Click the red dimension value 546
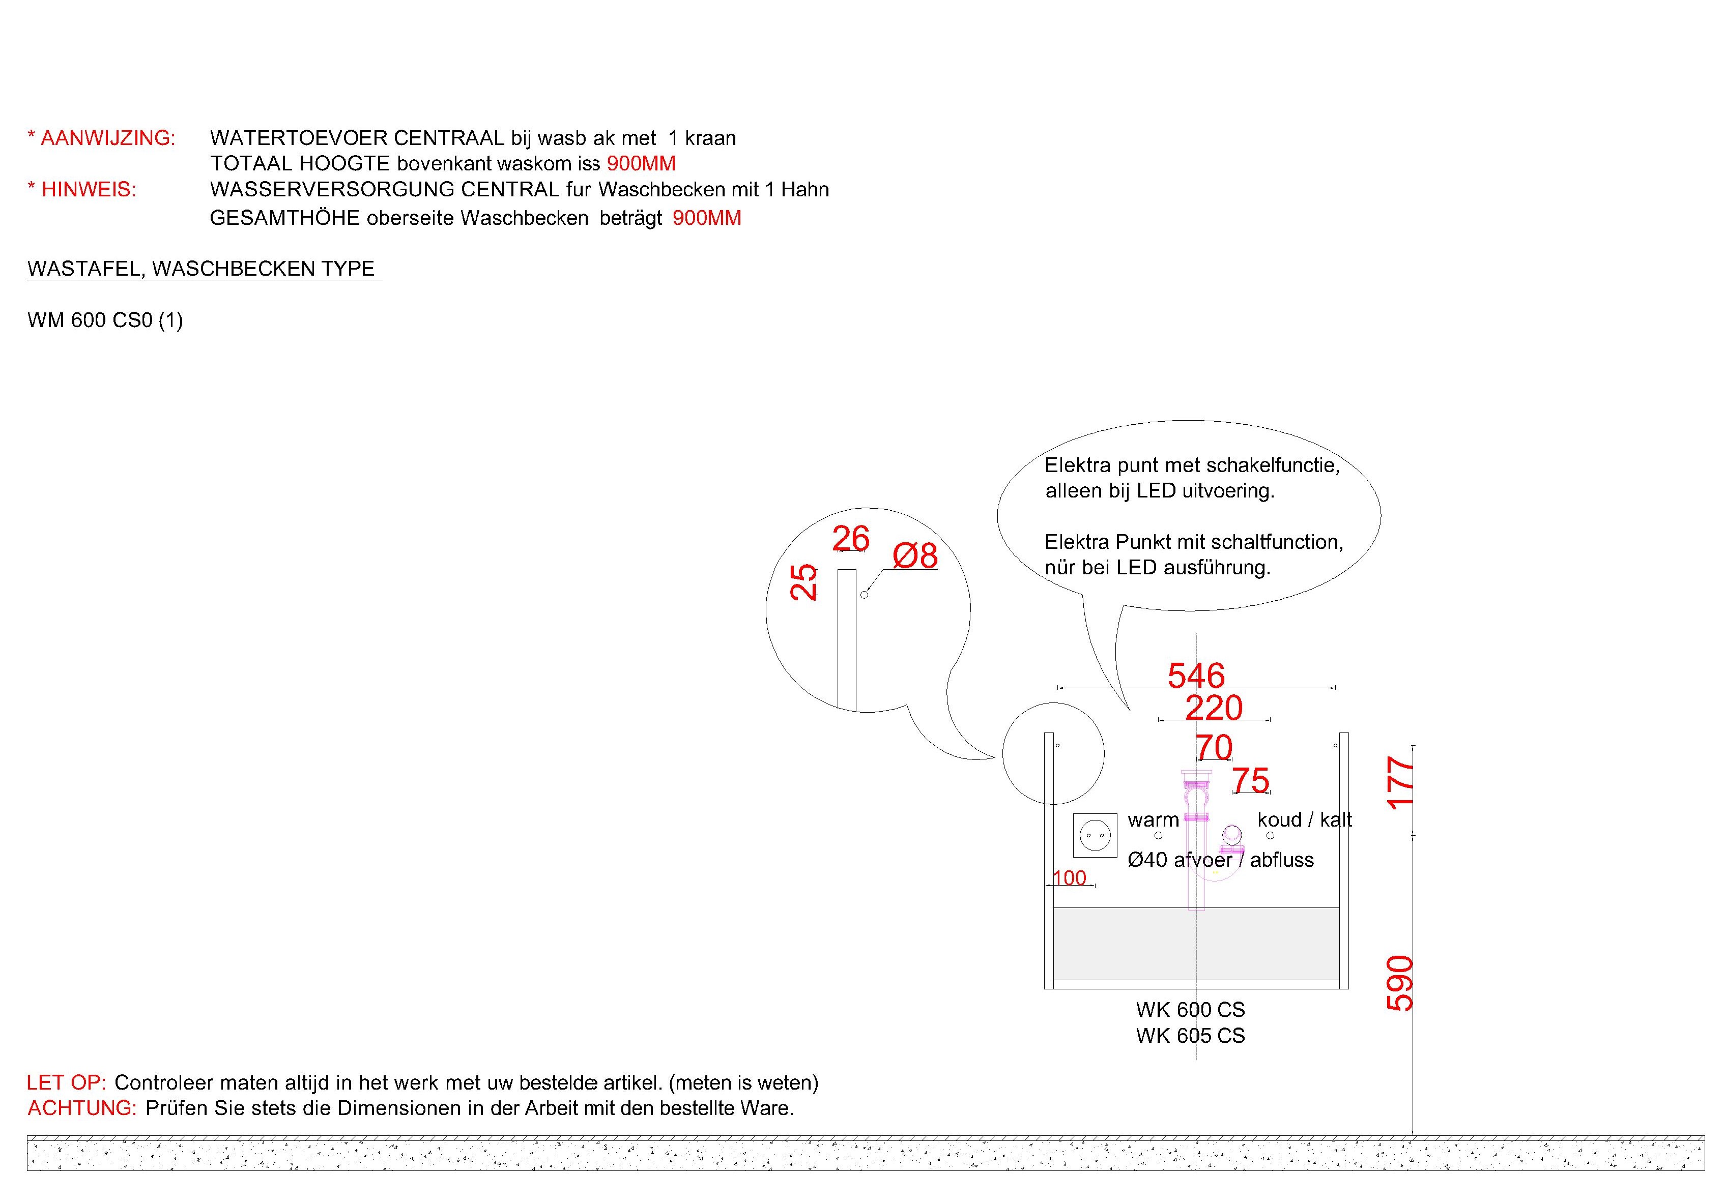[x=1196, y=676]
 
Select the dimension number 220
[x=1214, y=708]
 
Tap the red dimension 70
[x=1214, y=747]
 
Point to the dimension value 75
[x=1251, y=780]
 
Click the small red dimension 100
[x=1069, y=878]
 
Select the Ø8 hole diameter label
[x=915, y=556]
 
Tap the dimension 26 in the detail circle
[x=851, y=539]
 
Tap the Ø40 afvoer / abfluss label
[x=1221, y=860]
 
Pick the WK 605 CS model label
[x=1191, y=1035]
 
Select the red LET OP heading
[x=67, y=1082]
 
